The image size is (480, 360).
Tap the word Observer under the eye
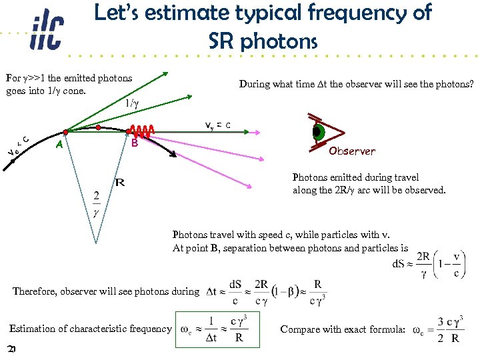pyautogui.click(x=351, y=151)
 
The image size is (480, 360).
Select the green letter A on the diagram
pyautogui.click(x=60, y=144)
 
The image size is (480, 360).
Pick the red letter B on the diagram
pyautogui.click(x=134, y=143)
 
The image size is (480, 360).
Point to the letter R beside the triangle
pyautogui.click(x=120, y=182)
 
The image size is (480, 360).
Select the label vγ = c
pyautogui.click(x=218, y=125)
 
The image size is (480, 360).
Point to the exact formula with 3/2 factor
pyautogui.click(x=437, y=329)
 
